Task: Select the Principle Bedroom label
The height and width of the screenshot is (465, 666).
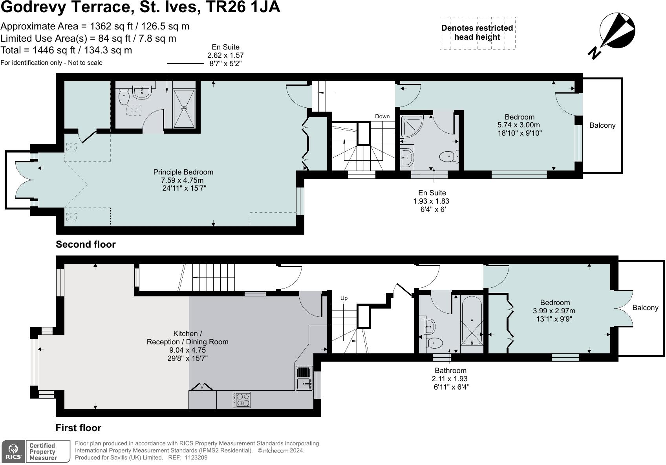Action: coord(183,172)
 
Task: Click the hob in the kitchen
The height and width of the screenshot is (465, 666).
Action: coord(242,400)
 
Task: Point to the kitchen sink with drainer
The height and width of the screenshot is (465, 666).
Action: coord(304,378)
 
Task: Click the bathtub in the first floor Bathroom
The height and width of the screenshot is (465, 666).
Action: coord(472,321)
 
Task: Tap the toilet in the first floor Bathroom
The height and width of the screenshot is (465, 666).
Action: coord(434,343)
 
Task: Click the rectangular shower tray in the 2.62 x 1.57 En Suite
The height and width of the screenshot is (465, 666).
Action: coord(184,108)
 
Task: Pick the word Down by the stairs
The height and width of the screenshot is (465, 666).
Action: coord(382,116)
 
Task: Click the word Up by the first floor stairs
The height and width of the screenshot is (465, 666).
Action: coord(344,298)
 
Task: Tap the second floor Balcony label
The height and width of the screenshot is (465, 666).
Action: coord(602,125)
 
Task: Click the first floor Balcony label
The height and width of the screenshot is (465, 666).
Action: coord(645,308)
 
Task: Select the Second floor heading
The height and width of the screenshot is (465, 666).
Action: coord(86,244)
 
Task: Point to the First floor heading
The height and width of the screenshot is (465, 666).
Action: coord(79,428)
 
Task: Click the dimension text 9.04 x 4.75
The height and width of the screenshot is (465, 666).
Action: coord(187,350)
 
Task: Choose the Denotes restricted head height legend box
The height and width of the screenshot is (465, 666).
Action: coord(477,33)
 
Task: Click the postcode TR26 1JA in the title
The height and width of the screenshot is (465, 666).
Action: coord(246,7)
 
